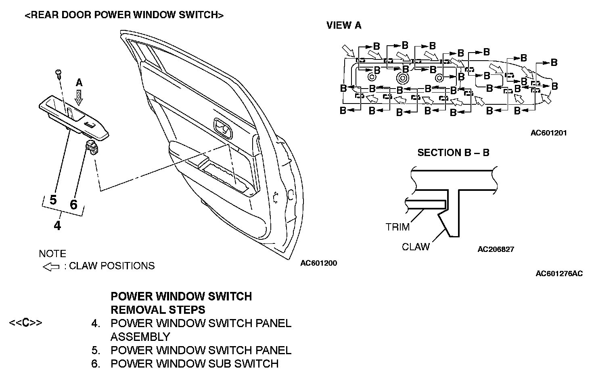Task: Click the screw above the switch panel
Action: pos(59,74)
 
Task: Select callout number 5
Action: pos(53,200)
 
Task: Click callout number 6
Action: pos(73,204)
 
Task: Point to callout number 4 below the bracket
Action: pos(58,225)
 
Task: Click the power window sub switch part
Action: pos(93,148)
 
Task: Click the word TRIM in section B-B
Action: pos(397,227)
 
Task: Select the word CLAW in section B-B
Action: pos(416,247)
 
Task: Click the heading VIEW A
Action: pos(344,25)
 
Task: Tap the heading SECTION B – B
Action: pos(453,153)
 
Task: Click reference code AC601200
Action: pos(318,263)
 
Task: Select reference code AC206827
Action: pos(496,249)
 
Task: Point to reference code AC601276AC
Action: pos(559,274)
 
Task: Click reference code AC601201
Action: pos(548,133)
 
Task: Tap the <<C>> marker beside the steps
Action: pos(25,323)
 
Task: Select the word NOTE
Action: pos(52,254)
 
